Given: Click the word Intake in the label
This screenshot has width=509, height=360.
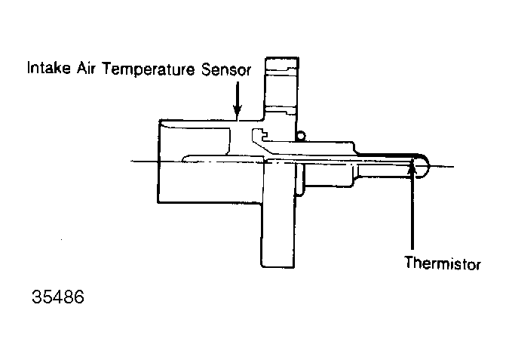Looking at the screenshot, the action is pyautogui.click(x=49, y=68).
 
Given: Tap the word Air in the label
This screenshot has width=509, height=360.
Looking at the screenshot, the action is pyautogui.click(x=87, y=68).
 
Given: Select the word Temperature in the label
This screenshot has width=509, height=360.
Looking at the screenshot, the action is pyautogui.click(x=149, y=69).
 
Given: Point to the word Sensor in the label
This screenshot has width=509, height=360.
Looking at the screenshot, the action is pyautogui.click(x=226, y=69).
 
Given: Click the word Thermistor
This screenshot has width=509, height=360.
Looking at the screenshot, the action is pyautogui.click(x=443, y=263).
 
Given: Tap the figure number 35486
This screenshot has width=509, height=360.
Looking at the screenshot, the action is pyautogui.click(x=58, y=297).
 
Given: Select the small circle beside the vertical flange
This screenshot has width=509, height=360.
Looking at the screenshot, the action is pyautogui.click(x=301, y=135).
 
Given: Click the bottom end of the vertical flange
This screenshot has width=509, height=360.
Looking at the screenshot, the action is pyautogui.click(x=277, y=266).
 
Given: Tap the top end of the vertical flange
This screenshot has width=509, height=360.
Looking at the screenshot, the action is pyautogui.click(x=282, y=58).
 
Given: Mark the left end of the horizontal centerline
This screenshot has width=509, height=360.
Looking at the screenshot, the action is pyautogui.click(x=131, y=162).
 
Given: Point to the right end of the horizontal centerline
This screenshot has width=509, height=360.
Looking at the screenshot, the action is pyautogui.click(x=453, y=167).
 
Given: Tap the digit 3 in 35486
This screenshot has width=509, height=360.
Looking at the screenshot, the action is pyautogui.click(x=36, y=297).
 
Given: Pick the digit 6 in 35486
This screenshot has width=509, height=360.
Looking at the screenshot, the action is pyautogui.click(x=79, y=297).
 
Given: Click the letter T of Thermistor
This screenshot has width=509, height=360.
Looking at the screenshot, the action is pyautogui.click(x=409, y=262).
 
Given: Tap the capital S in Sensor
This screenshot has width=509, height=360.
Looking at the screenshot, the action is pyautogui.click(x=206, y=69).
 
